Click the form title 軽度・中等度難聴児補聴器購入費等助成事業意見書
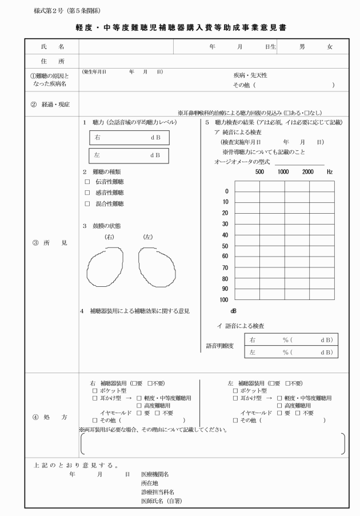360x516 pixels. coord(179,27)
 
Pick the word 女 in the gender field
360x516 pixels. coord(330,47)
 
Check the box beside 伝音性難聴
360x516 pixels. coord(87,182)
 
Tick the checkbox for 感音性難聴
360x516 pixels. coord(87,193)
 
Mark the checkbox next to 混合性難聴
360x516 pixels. coord(87,203)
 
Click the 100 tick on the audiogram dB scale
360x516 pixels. coord(224,299)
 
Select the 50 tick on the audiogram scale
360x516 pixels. coord(225,245)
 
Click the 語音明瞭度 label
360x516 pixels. coord(219,346)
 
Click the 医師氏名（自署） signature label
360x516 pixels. coord(162,501)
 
